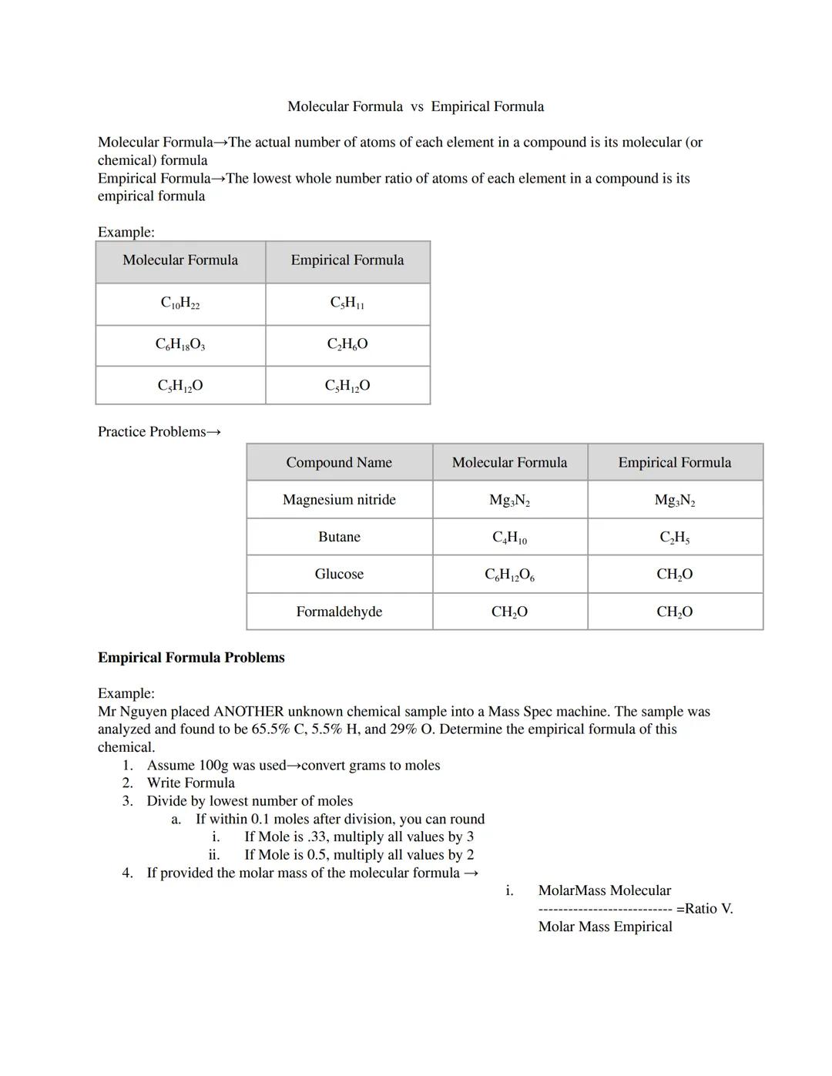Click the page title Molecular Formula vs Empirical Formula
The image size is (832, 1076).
point(415,106)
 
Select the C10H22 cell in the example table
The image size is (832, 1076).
point(180,303)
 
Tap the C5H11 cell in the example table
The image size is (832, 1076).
point(347,303)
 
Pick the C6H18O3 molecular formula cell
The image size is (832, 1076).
point(180,344)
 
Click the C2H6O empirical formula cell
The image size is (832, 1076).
point(347,344)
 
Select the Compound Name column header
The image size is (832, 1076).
point(339,462)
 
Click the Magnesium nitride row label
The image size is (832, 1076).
point(339,500)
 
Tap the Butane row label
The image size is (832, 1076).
point(339,537)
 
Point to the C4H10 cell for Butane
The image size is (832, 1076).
point(509,538)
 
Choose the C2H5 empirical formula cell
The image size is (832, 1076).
point(674,538)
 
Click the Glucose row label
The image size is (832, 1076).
point(339,574)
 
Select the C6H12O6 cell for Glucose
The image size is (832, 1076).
point(509,575)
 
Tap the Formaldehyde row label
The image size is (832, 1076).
point(339,612)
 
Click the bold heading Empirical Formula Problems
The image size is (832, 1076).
point(191,658)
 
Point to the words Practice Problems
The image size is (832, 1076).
point(152,432)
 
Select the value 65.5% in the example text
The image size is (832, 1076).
point(270,729)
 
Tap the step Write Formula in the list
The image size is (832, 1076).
point(190,783)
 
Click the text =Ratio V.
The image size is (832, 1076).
point(704,909)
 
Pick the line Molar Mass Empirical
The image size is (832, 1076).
point(605,927)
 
